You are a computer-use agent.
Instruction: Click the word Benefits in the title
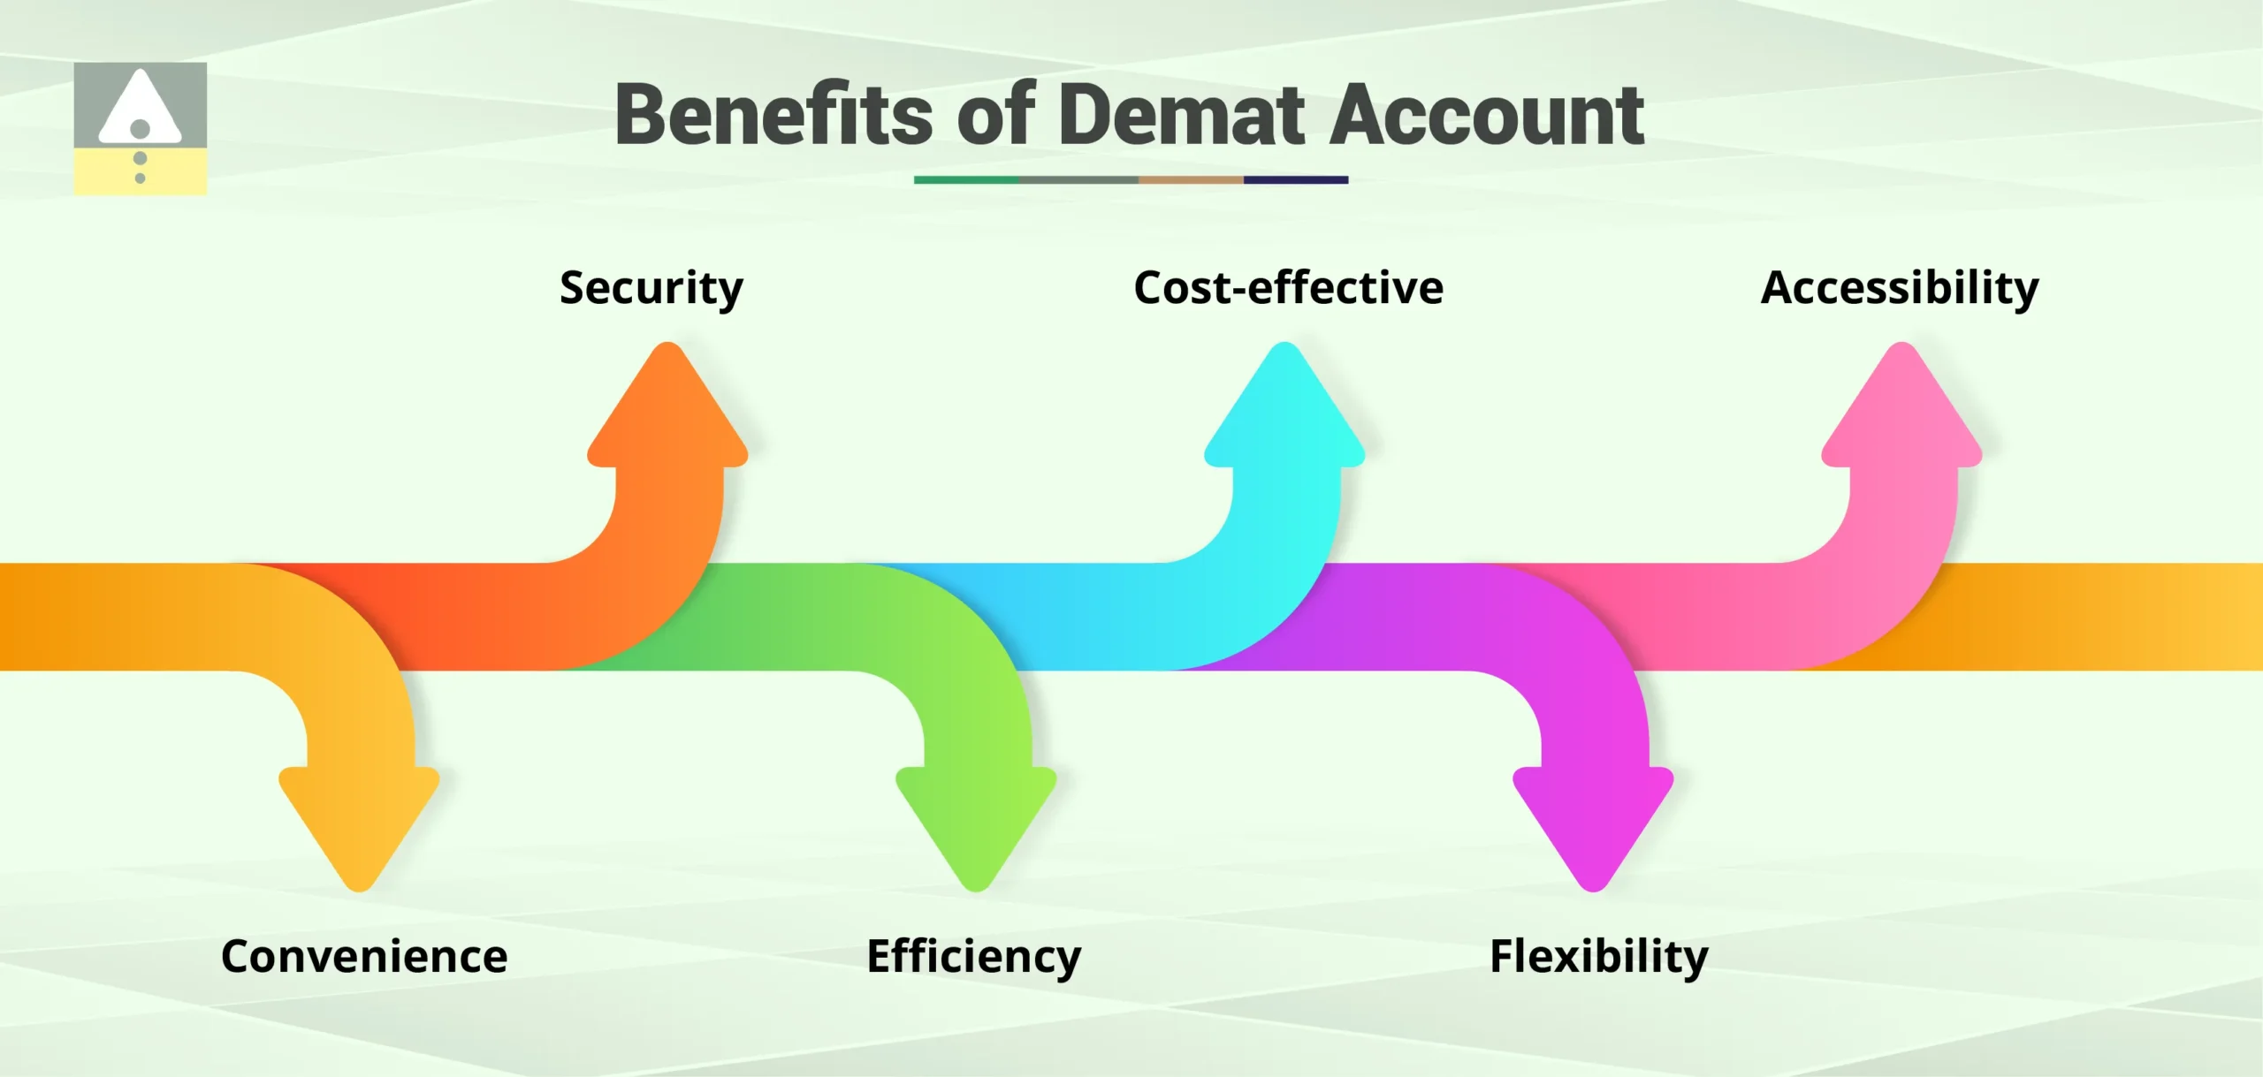point(773,115)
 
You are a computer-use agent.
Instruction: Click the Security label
point(651,288)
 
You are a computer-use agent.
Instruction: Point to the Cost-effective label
point(1288,288)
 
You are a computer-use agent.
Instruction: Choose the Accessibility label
point(1900,288)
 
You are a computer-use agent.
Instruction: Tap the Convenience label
point(364,957)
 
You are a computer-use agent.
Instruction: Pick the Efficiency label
point(974,957)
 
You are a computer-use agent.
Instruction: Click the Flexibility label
point(1599,957)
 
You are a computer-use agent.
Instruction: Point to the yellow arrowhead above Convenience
point(359,817)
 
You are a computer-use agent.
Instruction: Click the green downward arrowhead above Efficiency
point(976,817)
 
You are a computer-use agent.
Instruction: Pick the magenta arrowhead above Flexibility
point(1593,817)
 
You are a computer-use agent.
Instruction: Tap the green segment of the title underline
point(965,179)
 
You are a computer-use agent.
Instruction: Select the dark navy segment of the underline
point(1295,179)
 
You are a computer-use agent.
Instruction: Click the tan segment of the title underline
point(1191,179)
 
